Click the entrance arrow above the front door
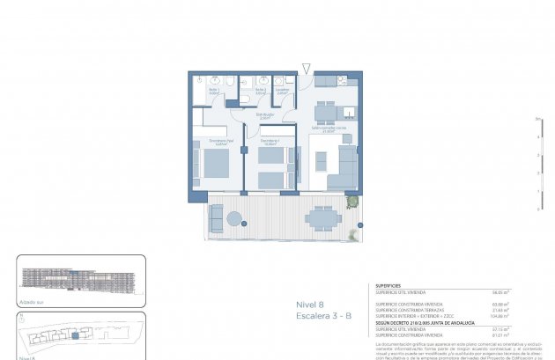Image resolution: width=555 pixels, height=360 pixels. tap(306, 68)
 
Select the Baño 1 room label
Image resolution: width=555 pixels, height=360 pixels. tap(214, 90)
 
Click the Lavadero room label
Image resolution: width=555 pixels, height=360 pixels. tap(281, 90)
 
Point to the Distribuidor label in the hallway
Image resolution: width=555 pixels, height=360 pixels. tap(264, 115)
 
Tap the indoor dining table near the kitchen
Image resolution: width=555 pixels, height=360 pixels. tap(326, 110)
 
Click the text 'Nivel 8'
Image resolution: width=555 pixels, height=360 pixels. tap(309, 304)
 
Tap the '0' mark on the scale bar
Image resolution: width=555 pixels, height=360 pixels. tap(538, 209)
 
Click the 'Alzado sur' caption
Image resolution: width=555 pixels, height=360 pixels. tap(30, 301)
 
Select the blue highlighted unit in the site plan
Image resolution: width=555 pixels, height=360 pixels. tap(77, 335)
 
